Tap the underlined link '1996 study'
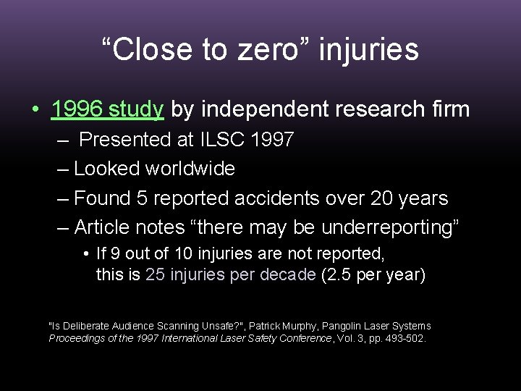click(108, 110)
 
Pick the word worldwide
click(190, 169)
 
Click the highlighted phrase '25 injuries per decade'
click(231, 275)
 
